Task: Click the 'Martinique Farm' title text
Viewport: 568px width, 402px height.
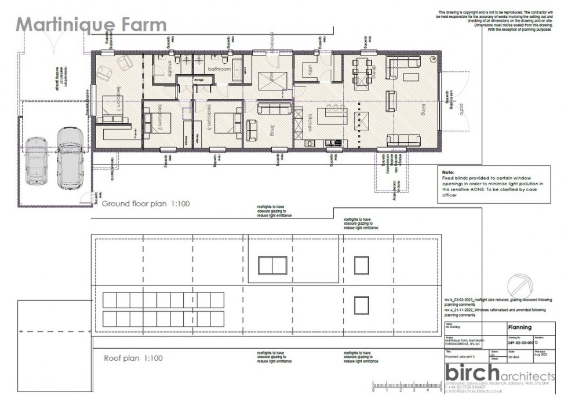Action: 91,24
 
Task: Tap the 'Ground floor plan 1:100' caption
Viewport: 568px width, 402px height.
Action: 146,204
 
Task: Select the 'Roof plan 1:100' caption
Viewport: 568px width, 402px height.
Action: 133,358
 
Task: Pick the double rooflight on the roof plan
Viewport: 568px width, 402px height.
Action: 272,265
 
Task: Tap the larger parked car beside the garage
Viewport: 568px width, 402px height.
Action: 70,156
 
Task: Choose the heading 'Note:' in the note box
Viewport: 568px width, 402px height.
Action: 447,173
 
